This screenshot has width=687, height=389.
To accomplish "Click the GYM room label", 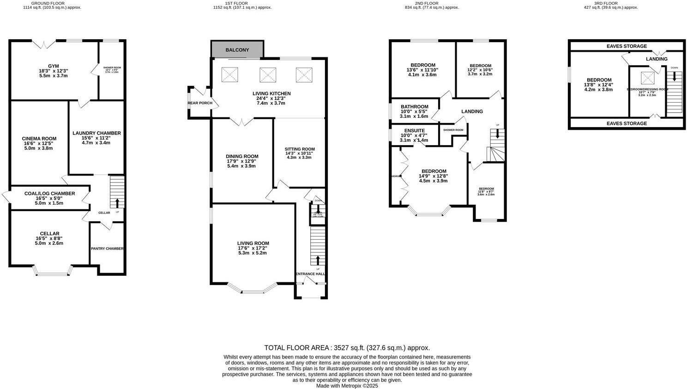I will click(54, 66).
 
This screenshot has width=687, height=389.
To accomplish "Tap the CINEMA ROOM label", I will click(39, 138).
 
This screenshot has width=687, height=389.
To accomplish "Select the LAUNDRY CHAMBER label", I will click(96, 133).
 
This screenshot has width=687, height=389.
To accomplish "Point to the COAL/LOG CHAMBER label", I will click(49, 194).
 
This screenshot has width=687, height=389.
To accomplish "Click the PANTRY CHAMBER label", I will click(107, 249).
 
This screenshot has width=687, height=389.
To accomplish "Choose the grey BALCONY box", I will click(237, 50).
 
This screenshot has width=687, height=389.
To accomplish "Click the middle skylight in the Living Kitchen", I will click(267, 74).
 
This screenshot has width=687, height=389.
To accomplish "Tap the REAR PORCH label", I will click(200, 103).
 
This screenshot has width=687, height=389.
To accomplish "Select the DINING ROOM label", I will click(242, 156).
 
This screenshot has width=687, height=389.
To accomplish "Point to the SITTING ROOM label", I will click(299, 149).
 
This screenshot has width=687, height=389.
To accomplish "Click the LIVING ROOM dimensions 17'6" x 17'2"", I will click(253, 248).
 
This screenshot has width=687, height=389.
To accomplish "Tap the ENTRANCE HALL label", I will click(310, 274).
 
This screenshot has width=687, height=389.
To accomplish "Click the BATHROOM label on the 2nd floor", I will click(414, 107).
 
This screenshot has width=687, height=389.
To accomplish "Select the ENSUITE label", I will click(414, 131).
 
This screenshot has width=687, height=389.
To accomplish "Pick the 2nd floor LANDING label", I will click(472, 111).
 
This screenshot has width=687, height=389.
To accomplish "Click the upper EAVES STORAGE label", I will click(627, 46).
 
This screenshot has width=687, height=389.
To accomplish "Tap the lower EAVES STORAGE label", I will click(627, 123).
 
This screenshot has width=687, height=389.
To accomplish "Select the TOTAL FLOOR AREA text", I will click(347, 348).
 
